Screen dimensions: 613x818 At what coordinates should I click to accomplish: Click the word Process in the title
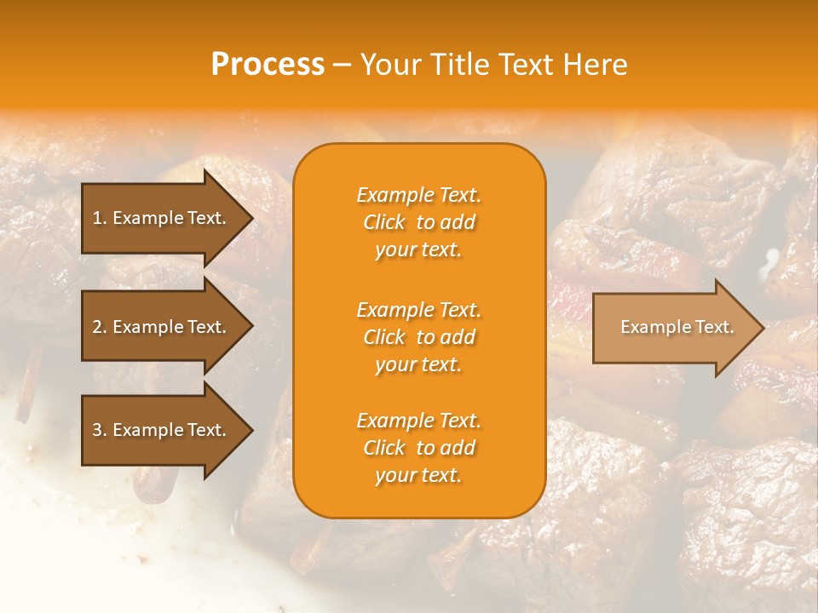tap(268, 65)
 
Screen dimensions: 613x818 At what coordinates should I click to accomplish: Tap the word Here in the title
tap(596, 65)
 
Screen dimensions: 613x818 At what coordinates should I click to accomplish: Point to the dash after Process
tap(342, 66)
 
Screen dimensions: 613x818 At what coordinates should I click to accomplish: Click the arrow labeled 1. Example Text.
tap(162, 218)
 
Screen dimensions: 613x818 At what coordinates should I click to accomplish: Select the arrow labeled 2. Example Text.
tap(162, 327)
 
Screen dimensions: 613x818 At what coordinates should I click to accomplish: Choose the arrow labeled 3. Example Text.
tap(162, 430)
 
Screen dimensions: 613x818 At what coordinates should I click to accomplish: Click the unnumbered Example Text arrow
tap(673, 327)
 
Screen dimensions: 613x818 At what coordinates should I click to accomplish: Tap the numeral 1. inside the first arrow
tap(100, 218)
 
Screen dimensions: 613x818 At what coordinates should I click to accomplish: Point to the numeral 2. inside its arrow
tap(100, 327)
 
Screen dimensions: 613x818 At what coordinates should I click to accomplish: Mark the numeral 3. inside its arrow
tap(100, 430)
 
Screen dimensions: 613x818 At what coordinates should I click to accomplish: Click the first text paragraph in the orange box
tap(418, 222)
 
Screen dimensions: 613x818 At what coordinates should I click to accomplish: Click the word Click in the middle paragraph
tap(384, 337)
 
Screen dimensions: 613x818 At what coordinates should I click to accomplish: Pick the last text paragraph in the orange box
tap(418, 448)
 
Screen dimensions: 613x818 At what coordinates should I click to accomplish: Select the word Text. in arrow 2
tap(206, 327)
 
